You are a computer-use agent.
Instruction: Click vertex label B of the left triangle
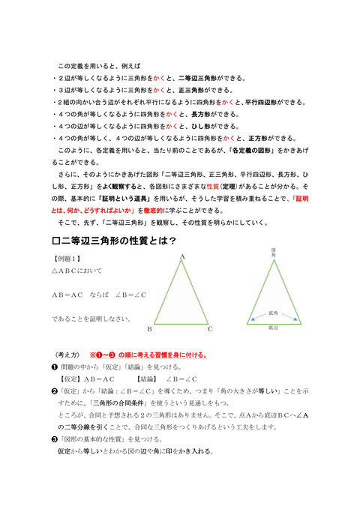click(x=150, y=328)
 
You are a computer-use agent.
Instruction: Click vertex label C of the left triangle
click(x=211, y=328)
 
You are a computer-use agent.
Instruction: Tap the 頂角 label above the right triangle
click(x=274, y=255)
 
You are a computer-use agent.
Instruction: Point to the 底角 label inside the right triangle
click(x=273, y=313)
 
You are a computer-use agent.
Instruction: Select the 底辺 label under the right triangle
click(x=273, y=328)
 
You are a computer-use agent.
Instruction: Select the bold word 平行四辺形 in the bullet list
click(x=265, y=102)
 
